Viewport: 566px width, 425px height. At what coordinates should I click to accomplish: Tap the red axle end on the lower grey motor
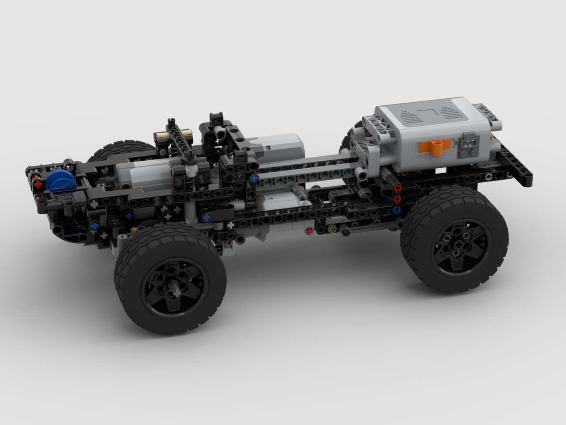pyautogui.click(x=309, y=230)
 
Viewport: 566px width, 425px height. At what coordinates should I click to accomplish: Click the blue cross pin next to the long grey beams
pyautogui.click(x=253, y=178)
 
